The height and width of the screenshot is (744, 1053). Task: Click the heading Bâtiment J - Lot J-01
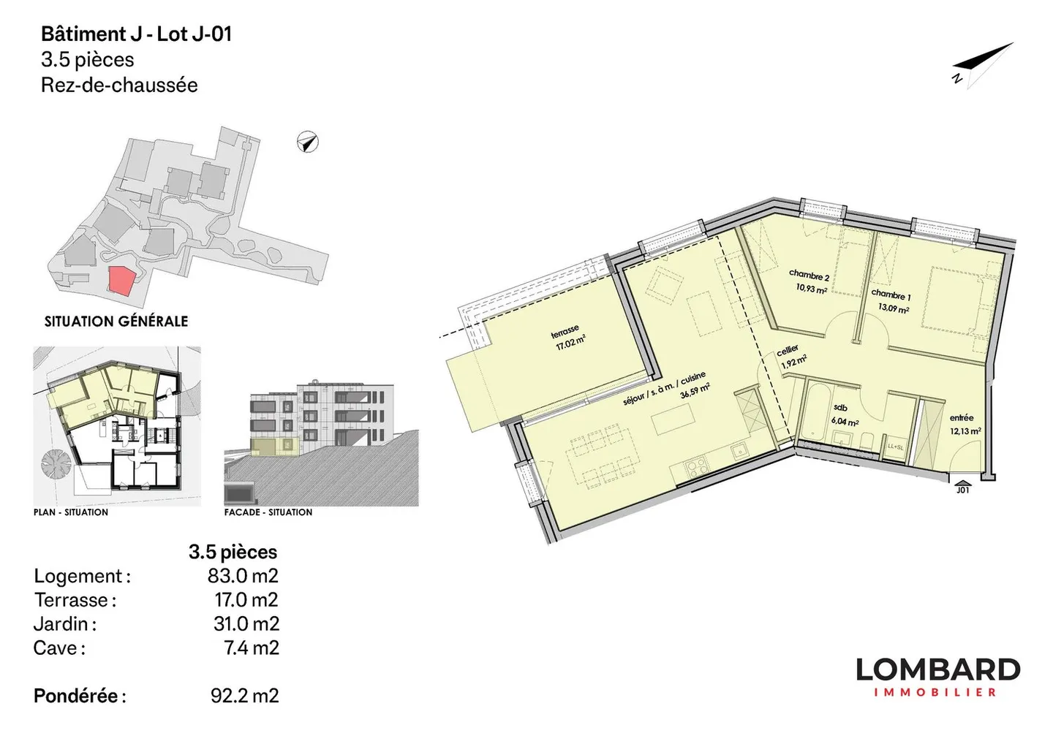pos(136,34)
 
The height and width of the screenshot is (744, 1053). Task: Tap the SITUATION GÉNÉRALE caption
pos(116,322)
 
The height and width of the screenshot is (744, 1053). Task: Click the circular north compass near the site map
pos(308,142)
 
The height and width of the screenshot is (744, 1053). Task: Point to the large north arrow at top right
pos(983,65)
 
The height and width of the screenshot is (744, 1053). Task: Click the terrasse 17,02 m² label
pos(568,338)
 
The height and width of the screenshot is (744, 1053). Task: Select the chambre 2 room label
pos(809,276)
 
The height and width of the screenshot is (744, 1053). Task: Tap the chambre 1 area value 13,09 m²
pos(894,308)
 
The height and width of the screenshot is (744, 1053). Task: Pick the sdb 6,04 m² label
pos(844,415)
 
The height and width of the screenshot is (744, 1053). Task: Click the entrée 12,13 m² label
pos(965,425)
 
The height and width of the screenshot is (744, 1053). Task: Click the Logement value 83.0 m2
pos(243,576)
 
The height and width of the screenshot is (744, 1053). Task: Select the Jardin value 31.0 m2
pos(246,624)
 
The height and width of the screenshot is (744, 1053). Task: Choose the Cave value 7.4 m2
pos(251,648)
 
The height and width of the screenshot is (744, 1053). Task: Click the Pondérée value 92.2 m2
pos(244,696)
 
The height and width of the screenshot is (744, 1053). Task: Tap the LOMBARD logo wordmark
pos(937,669)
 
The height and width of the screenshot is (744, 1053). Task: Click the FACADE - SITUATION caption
pos(268,512)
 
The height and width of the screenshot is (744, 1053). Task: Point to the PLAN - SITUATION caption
pos(71,512)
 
